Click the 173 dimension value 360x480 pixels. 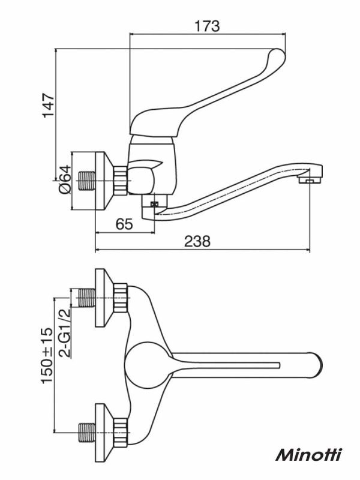pyautogui.click(x=207, y=26)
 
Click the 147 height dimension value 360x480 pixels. pyautogui.click(x=49, y=105)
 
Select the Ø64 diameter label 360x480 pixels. pyautogui.click(x=65, y=179)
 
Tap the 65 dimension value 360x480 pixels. pyautogui.click(x=124, y=224)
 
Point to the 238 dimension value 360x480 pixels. pyautogui.click(x=197, y=241)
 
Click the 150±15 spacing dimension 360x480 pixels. pyautogui.click(x=47, y=355)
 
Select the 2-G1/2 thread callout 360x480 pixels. pyautogui.click(x=65, y=333)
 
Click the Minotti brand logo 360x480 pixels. pyautogui.click(x=308, y=455)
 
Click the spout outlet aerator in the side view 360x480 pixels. pyautogui.click(x=309, y=181)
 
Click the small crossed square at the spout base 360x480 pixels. pyautogui.click(x=155, y=204)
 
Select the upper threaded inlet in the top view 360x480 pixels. pyautogui.click(x=86, y=298)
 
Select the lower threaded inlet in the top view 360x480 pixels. pyautogui.click(x=86, y=432)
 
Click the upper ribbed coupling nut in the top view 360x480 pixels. pyautogui.click(x=121, y=298)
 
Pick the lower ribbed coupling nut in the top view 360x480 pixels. pyautogui.click(x=121, y=432)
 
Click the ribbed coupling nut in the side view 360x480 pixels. pyautogui.click(x=121, y=181)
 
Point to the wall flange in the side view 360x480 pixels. pyautogui.click(x=104, y=181)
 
